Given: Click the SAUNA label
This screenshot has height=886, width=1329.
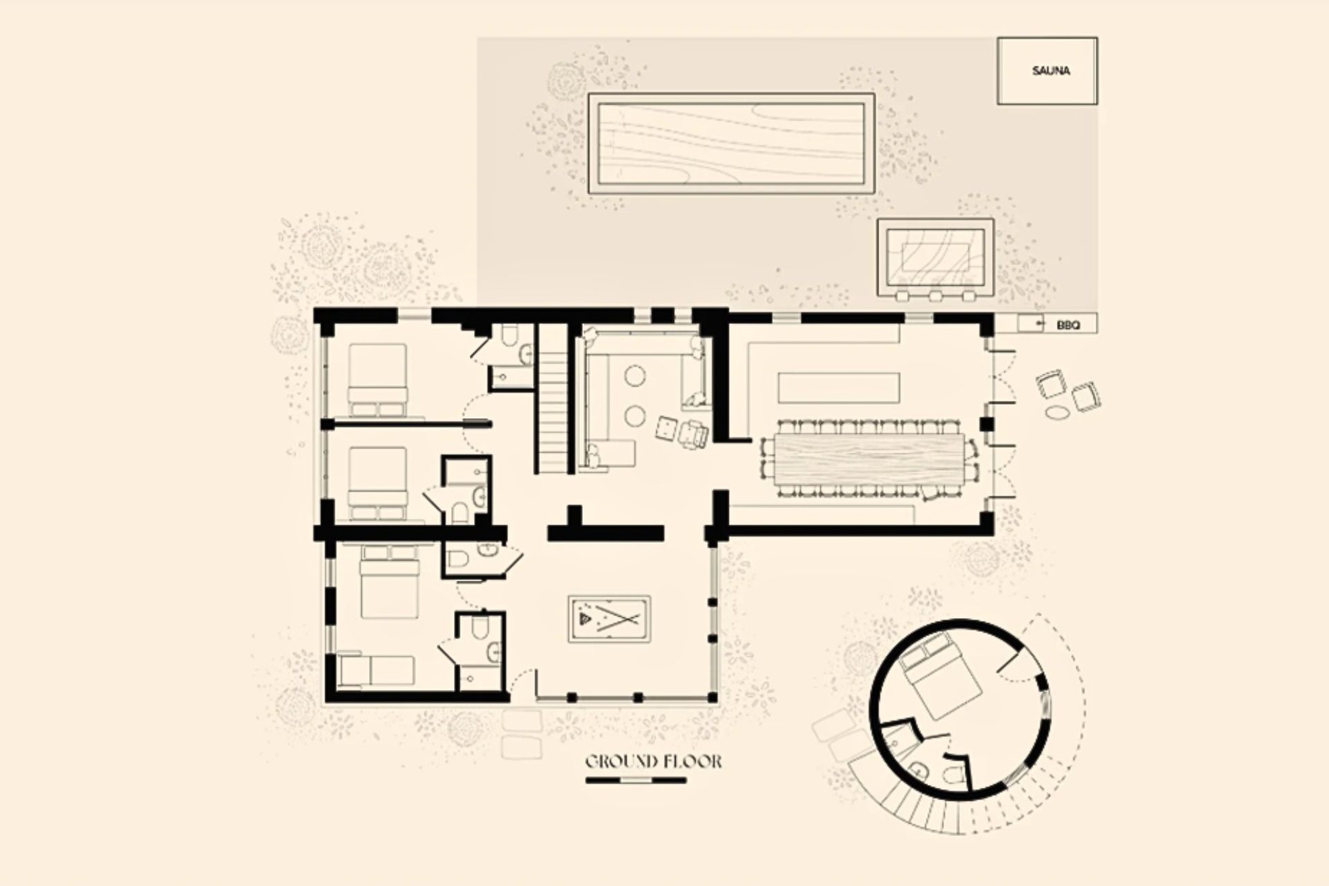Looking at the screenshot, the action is pyautogui.click(x=1050, y=71).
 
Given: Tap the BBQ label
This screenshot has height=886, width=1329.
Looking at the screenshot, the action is pyautogui.click(x=1068, y=324).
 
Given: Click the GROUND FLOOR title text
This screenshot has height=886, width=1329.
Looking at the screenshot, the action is pyautogui.click(x=653, y=762).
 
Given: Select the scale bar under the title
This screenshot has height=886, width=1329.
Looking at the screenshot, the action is pyautogui.click(x=636, y=780).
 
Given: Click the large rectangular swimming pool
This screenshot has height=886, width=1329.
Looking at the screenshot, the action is pyautogui.click(x=731, y=143).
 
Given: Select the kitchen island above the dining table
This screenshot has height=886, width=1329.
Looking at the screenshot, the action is pyautogui.click(x=840, y=388).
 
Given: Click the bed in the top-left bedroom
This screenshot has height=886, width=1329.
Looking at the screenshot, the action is pyautogui.click(x=377, y=380).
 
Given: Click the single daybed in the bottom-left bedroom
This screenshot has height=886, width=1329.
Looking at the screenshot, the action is pyautogui.click(x=377, y=671).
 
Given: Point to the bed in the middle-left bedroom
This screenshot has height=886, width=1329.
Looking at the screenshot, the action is pyautogui.click(x=377, y=483).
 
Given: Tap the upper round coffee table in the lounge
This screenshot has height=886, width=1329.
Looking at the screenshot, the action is pyautogui.click(x=635, y=376).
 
